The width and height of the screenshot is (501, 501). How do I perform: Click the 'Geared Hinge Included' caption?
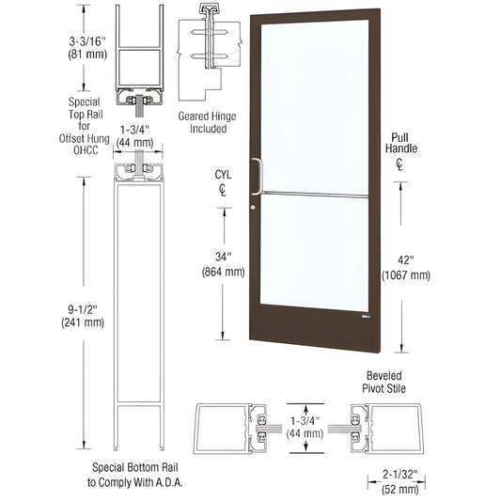pyautogui.click(x=207, y=122)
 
